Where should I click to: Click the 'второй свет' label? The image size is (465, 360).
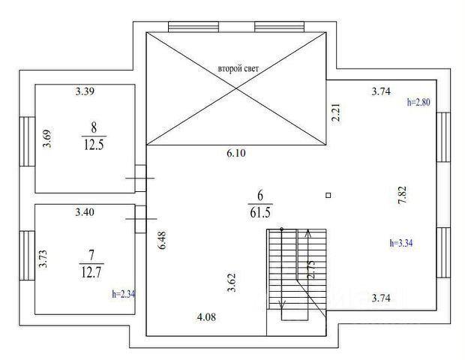pos(238,69)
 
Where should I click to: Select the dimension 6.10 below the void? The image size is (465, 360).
pos(236,153)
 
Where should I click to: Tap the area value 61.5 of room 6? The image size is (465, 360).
pos(260,212)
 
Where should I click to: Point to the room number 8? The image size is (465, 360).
pos(94,127)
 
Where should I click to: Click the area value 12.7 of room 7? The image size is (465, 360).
pos(91,272)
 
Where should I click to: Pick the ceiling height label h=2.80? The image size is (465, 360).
pos(418,102)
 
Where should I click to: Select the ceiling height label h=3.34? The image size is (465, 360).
pos(401,243)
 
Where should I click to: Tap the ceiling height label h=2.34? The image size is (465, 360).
pos(124,294)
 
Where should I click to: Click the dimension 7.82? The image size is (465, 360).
pos(402,195)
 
